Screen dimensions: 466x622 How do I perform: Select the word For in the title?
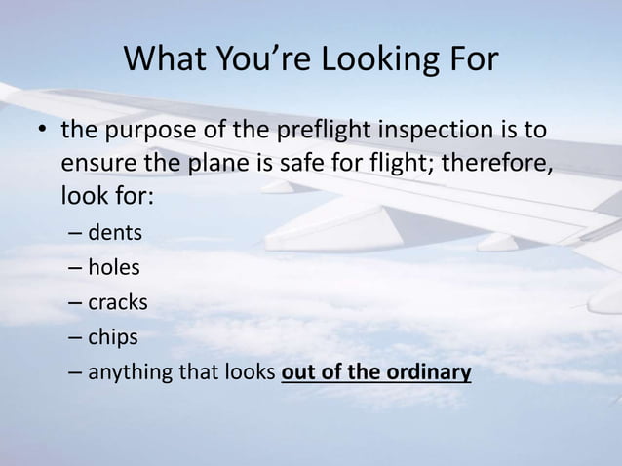pos(470,60)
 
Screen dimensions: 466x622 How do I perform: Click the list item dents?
pos(115,234)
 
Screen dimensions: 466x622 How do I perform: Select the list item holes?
pos(114,268)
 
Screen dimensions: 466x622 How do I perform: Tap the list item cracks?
pos(118,302)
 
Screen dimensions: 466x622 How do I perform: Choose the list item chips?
pos(113,337)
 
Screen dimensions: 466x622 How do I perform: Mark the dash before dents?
pos(77,235)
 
